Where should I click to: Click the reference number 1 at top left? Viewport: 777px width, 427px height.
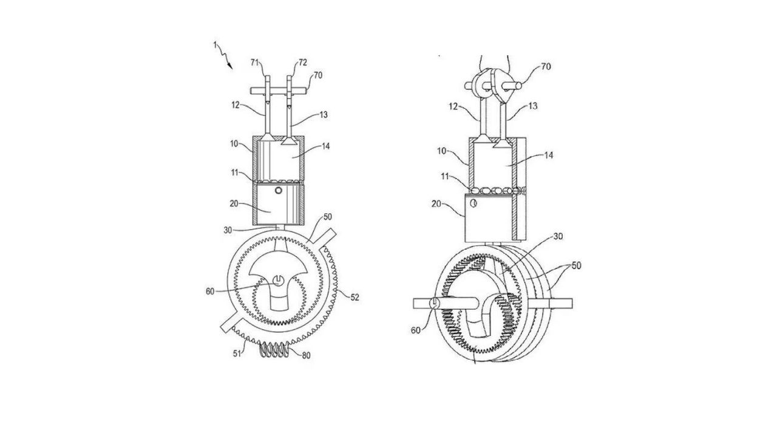click(x=215, y=45)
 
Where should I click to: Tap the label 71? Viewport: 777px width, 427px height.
click(x=255, y=63)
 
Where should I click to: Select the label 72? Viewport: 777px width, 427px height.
click(x=302, y=63)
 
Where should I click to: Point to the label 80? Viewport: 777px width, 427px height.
click(x=306, y=355)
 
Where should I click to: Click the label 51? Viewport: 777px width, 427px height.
click(x=237, y=354)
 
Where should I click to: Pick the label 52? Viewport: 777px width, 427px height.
click(x=355, y=297)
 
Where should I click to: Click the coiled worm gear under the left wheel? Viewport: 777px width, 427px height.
click(x=274, y=349)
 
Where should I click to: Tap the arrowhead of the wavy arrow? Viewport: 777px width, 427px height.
click(x=230, y=66)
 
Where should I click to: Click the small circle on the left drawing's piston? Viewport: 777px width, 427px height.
click(x=278, y=190)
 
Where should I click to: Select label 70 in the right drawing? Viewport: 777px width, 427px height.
click(x=546, y=66)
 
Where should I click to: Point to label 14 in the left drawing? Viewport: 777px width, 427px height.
click(x=325, y=146)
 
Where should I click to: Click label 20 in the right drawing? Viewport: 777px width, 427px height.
click(x=436, y=203)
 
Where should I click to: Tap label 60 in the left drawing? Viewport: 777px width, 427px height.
click(x=210, y=292)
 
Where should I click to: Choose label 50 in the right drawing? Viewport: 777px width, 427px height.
click(x=576, y=265)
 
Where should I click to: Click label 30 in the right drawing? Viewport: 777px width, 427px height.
click(x=558, y=236)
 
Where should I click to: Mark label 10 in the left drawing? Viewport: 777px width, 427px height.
click(x=234, y=143)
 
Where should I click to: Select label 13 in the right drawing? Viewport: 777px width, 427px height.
click(x=532, y=106)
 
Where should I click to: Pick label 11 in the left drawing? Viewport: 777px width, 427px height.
click(x=235, y=172)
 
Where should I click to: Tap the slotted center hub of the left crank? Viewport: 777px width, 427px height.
click(x=278, y=281)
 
